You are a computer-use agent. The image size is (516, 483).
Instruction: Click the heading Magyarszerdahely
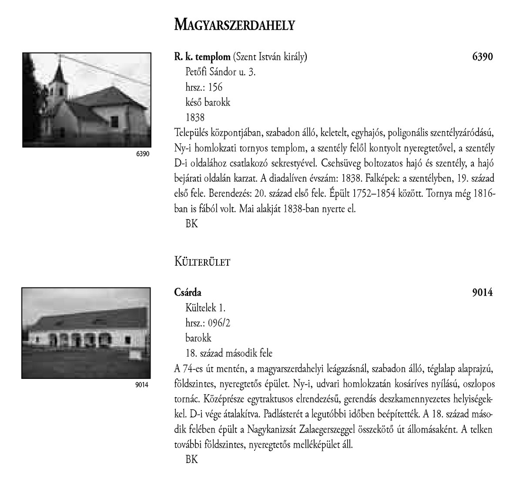click(x=235, y=25)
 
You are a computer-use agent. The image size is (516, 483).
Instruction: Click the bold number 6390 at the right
click(x=482, y=57)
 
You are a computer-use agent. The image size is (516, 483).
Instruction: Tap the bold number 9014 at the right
click(x=482, y=293)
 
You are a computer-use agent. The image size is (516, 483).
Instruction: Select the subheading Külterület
click(x=202, y=262)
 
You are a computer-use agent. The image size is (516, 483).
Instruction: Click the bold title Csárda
click(x=188, y=293)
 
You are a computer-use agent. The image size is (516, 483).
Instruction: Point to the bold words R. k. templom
click(x=202, y=57)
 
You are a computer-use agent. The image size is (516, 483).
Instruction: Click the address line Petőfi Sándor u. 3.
click(x=220, y=72)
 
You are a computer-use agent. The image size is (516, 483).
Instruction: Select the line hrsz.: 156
click(x=204, y=87)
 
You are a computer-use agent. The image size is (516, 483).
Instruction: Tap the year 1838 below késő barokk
click(x=194, y=118)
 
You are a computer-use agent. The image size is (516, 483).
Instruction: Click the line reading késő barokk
click(x=208, y=102)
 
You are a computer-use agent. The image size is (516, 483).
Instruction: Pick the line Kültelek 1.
click(x=205, y=308)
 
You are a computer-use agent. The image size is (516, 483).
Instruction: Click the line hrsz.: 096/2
click(x=208, y=323)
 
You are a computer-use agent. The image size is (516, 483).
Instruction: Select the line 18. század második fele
click(x=229, y=354)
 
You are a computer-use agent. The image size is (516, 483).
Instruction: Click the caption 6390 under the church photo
click(x=142, y=154)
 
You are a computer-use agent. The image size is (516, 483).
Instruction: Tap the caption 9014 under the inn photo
click(x=142, y=385)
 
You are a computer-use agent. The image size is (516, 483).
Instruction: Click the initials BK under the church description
click(x=191, y=224)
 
